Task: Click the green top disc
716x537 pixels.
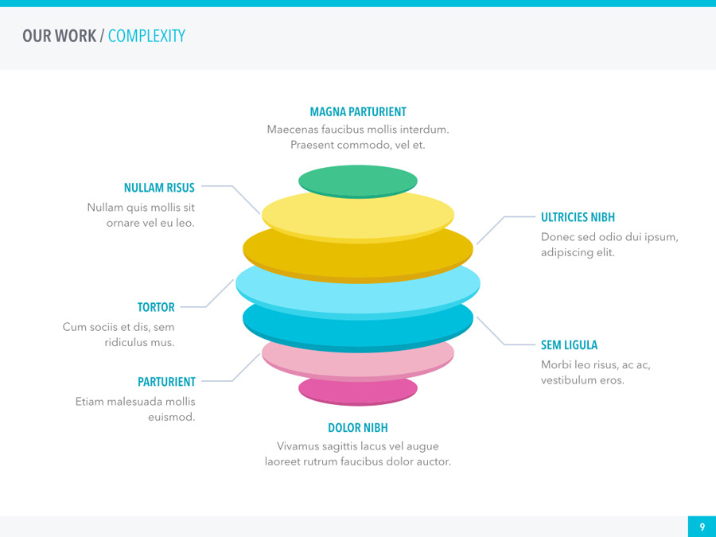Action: point(358,180)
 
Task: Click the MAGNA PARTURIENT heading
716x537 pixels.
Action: point(358,112)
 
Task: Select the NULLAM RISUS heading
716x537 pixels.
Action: point(159,189)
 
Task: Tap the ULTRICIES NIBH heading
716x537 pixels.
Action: point(578,217)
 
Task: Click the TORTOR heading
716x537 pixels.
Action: point(156,307)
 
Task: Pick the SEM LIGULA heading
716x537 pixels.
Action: point(569,345)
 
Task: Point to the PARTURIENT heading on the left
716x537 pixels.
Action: point(166,382)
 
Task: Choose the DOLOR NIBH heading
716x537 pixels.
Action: point(358,428)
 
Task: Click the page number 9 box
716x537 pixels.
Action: point(702,527)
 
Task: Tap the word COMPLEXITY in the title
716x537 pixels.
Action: point(146,36)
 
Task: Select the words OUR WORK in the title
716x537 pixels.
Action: point(59,36)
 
